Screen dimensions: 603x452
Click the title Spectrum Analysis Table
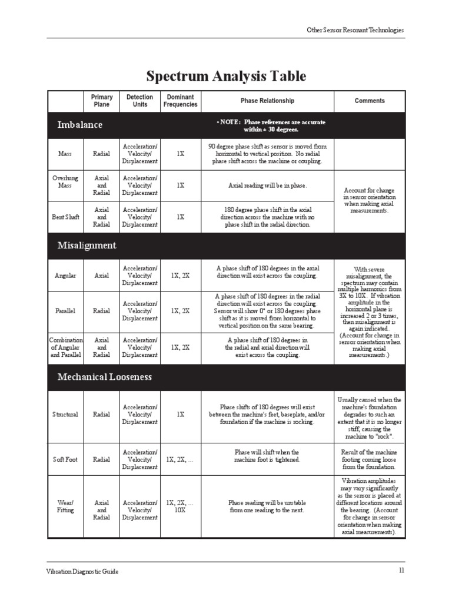tap(226, 76)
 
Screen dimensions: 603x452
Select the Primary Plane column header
tap(101, 101)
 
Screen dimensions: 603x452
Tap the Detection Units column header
tap(139, 101)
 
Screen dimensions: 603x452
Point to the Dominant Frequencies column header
tap(181, 101)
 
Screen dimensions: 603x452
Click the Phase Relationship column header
tap(267, 101)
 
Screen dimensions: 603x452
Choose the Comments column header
tap(370, 101)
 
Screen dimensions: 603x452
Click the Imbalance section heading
tap(79, 125)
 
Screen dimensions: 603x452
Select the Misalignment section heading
tap(87, 246)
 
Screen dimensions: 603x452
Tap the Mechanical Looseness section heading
tap(104, 377)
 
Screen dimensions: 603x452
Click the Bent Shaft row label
tap(65, 217)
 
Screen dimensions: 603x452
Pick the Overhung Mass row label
tap(65, 181)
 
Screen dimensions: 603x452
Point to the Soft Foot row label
tap(65, 459)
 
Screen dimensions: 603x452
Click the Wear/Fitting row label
tap(65, 506)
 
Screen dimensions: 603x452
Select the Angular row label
tap(65, 276)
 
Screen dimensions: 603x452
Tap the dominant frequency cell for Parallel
tap(180, 311)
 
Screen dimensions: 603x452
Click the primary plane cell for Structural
tap(101, 415)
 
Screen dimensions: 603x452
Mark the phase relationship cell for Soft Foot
tap(267, 456)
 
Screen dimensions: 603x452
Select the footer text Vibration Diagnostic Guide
tap(82, 572)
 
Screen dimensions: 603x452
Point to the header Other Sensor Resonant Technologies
tap(355, 31)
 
